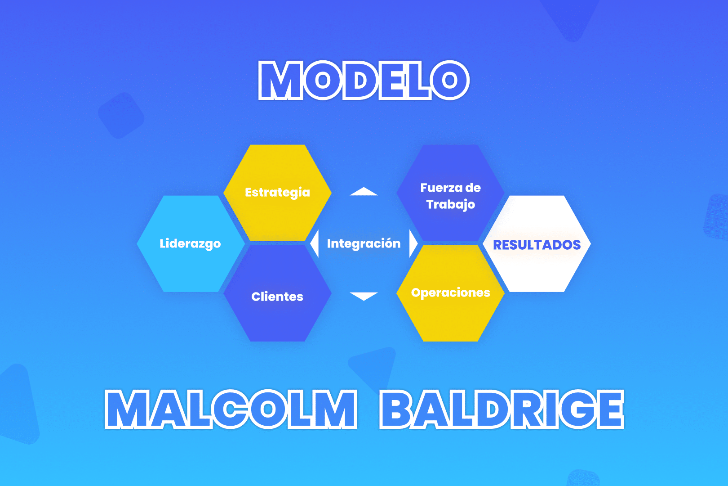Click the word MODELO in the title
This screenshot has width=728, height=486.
point(364,81)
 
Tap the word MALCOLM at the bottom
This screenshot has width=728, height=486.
point(231,409)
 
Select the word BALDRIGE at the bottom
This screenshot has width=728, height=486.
point(502,409)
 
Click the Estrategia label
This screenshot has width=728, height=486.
point(277,192)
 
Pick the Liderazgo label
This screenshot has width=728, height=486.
point(190,243)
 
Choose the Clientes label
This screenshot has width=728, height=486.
point(277,297)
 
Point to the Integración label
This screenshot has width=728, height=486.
point(364,243)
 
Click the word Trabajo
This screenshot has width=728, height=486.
point(450,204)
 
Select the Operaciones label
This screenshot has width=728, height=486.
point(450,292)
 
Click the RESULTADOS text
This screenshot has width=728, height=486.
point(537,245)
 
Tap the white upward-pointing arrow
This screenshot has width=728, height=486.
point(364,192)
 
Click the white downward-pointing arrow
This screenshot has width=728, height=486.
point(364,296)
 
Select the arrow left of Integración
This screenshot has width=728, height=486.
point(315,243)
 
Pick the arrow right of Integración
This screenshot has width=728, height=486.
point(413,243)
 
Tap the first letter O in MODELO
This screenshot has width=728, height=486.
point(323,81)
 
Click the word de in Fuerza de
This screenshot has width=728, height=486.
point(473,188)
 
